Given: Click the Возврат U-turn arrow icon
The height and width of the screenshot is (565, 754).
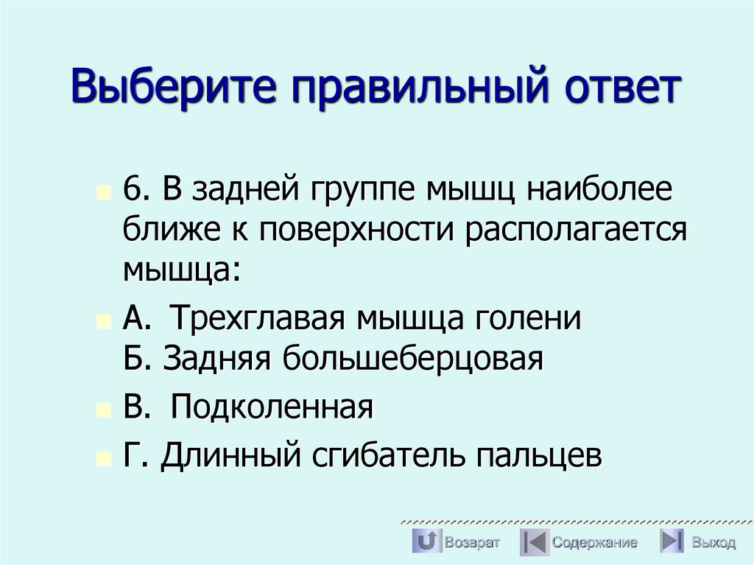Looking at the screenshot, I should pos(425,542).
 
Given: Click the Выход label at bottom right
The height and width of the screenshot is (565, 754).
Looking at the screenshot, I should pos(713,543).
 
